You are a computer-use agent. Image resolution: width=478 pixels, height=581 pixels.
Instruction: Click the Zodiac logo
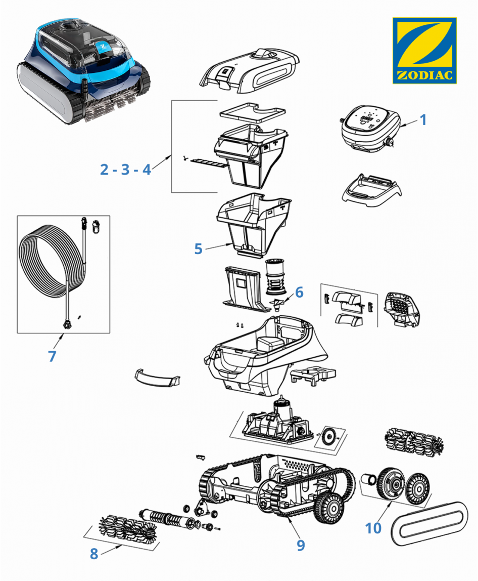424,50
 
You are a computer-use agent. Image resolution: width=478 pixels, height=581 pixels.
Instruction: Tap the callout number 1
423,120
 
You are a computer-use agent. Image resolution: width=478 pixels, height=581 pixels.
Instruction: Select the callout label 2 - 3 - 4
125,170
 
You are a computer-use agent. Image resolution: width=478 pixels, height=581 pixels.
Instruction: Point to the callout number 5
198,249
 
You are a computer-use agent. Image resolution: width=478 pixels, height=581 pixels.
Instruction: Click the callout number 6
299,292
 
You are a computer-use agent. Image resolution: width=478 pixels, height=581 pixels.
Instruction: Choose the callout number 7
52,356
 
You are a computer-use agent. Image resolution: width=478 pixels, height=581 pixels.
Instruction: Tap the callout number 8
94,554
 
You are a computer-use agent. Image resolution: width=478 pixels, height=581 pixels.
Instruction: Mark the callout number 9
301,545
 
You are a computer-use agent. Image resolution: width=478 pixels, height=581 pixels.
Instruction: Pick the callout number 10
373,528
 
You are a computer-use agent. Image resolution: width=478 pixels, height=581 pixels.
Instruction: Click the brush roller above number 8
123,529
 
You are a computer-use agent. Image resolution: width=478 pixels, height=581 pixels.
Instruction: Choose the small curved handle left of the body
157,377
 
